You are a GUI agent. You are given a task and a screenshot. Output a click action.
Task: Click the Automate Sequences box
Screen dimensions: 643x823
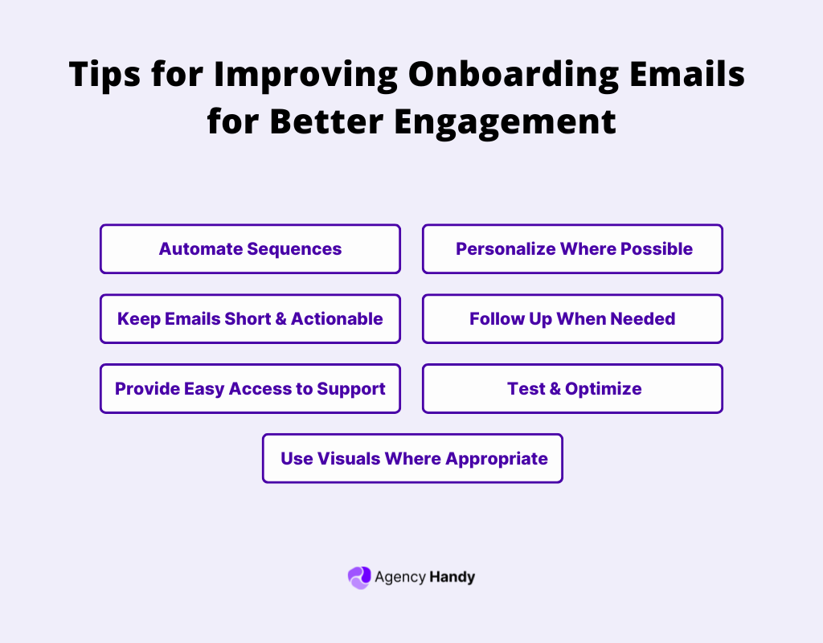coord(250,249)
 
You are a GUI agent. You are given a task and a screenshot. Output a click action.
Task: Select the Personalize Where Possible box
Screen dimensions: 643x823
coord(573,249)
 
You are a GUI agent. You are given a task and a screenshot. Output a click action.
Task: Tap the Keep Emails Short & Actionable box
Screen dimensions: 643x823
coord(250,319)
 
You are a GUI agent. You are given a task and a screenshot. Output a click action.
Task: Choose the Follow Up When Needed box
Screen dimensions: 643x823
coord(573,319)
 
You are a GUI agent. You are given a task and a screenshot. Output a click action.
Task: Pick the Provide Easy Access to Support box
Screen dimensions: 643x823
coord(250,389)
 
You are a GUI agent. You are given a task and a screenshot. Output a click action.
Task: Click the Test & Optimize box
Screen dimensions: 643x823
coord(573,389)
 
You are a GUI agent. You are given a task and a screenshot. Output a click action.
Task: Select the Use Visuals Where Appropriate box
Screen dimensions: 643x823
coord(412,459)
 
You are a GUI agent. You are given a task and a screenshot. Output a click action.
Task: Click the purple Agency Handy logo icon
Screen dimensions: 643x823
coord(358,577)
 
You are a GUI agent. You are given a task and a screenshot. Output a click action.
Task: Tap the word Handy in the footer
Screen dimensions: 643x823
coord(452,577)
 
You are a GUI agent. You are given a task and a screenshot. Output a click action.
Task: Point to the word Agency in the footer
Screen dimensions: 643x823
coord(400,577)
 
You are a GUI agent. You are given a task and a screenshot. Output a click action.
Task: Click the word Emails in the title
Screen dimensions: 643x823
coord(688,76)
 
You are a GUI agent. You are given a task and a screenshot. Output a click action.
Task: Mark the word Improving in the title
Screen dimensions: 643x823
coord(306,76)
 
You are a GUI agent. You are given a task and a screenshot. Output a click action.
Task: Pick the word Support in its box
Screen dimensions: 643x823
coord(351,389)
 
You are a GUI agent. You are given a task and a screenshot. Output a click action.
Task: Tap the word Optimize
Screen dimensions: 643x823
coord(603,389)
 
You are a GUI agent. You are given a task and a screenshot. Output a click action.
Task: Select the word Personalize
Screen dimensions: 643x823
coord(505,249)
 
